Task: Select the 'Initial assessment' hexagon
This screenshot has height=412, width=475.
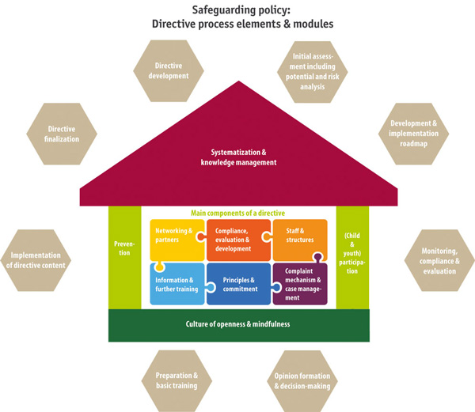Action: point(311,71)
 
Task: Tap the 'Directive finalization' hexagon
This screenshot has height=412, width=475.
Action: point(61,133)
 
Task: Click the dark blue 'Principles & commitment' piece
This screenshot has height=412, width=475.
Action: point(237,284)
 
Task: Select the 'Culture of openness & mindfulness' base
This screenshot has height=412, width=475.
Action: point(237,325)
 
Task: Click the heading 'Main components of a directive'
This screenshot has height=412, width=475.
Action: point(237,213)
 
